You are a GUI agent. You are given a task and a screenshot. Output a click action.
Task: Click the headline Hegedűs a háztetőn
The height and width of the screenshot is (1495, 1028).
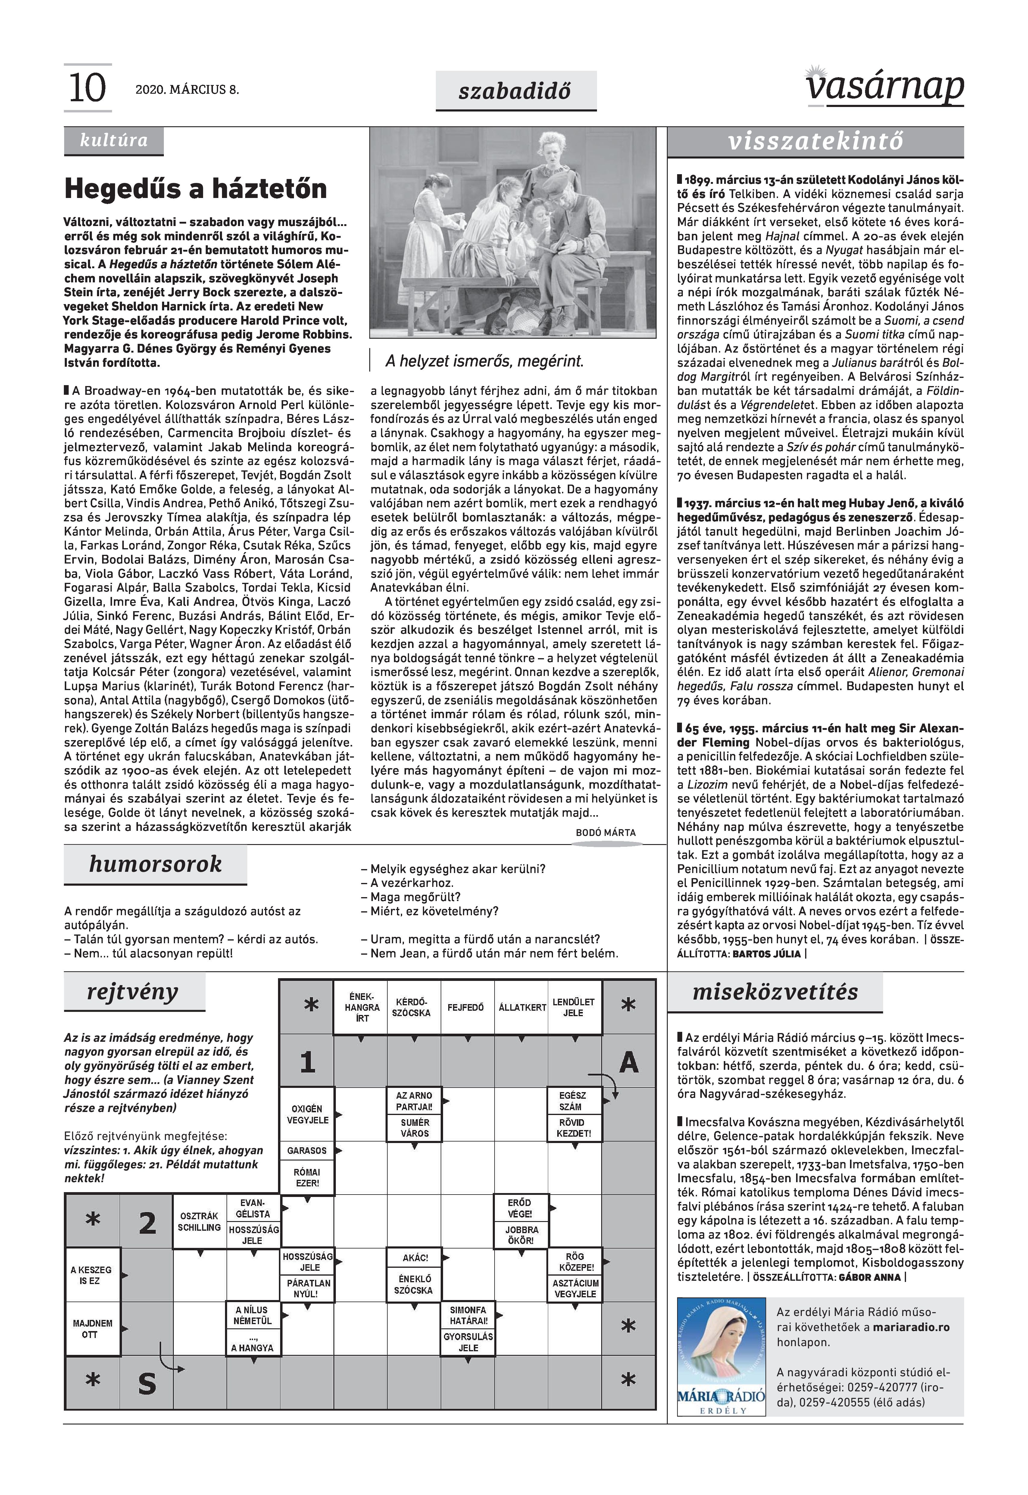196,189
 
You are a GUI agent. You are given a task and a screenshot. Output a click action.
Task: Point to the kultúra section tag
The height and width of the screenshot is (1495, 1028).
113,140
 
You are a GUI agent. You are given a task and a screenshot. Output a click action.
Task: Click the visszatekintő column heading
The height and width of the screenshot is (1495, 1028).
815,141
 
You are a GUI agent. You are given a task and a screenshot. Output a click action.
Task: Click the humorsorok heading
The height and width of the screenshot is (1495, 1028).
155,864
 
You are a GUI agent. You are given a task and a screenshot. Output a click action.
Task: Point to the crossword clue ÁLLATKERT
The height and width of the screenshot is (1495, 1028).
522,1007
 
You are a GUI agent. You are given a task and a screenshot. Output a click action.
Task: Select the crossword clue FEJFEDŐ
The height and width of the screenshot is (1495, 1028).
466,1007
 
